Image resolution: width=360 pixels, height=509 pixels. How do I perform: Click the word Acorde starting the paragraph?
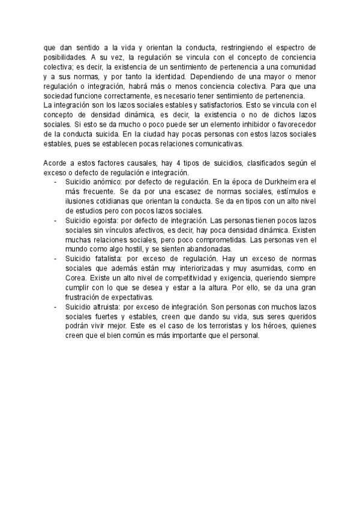(55, 163)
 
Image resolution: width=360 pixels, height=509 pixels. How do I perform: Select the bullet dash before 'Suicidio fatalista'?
(55, 257)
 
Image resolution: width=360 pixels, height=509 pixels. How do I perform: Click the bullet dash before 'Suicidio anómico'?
(55, 181)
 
